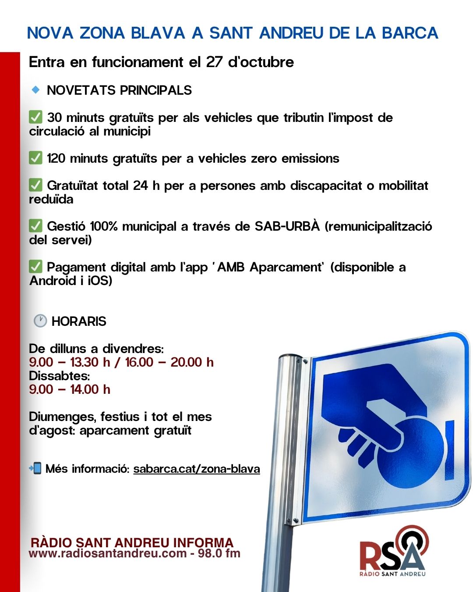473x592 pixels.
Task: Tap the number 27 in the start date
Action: [x=214, y=62]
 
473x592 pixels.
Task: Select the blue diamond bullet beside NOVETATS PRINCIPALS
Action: [x=35, y=89]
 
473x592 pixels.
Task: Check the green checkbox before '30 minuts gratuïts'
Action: [x=35, y=117]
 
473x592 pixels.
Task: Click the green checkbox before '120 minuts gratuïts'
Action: [x=35, y=158]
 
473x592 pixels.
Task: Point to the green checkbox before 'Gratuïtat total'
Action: [x=35, y=185]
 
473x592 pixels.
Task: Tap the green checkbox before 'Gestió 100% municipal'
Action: [x=35, y=226]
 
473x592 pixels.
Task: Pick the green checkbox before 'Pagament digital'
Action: [x=35, y=267]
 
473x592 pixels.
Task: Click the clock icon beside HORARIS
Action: [x=40, y=321]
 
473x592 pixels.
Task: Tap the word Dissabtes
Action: [x=59, y=376]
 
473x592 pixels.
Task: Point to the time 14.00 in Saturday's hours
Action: [x=85, y=389]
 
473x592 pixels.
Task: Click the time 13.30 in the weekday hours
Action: [x=84, y=362]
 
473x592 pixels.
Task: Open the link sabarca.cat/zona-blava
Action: [x=197, y=469]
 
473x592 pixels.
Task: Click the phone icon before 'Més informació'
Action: [x=35, y=468]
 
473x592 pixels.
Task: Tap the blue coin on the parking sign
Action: [x=412, y=452]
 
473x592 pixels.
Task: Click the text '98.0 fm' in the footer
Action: [x=219, y=553]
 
